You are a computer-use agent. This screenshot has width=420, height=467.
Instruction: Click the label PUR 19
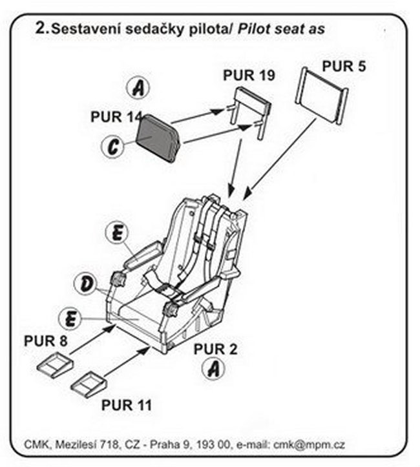(x=249, y=76)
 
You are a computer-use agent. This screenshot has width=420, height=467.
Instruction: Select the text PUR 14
(x=116, y=117)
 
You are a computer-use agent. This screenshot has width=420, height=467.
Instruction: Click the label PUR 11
(x=127, y=405)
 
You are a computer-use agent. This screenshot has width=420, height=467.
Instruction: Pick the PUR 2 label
(x=216, y=349)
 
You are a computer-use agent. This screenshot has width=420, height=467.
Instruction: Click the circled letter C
(x=114, y=147)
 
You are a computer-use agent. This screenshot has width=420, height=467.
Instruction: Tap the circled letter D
(x=85, y=282)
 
